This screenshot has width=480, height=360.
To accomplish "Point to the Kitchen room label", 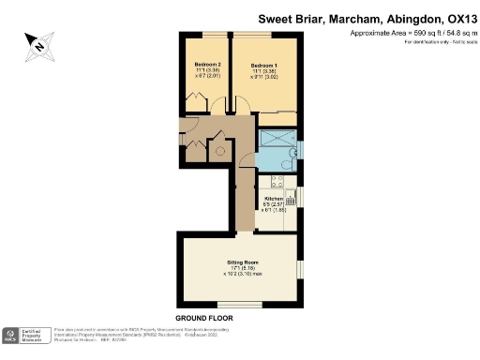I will coord(274,200).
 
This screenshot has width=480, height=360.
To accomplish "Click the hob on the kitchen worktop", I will coord(289,217).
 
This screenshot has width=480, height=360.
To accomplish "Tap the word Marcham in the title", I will coord(350,17).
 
